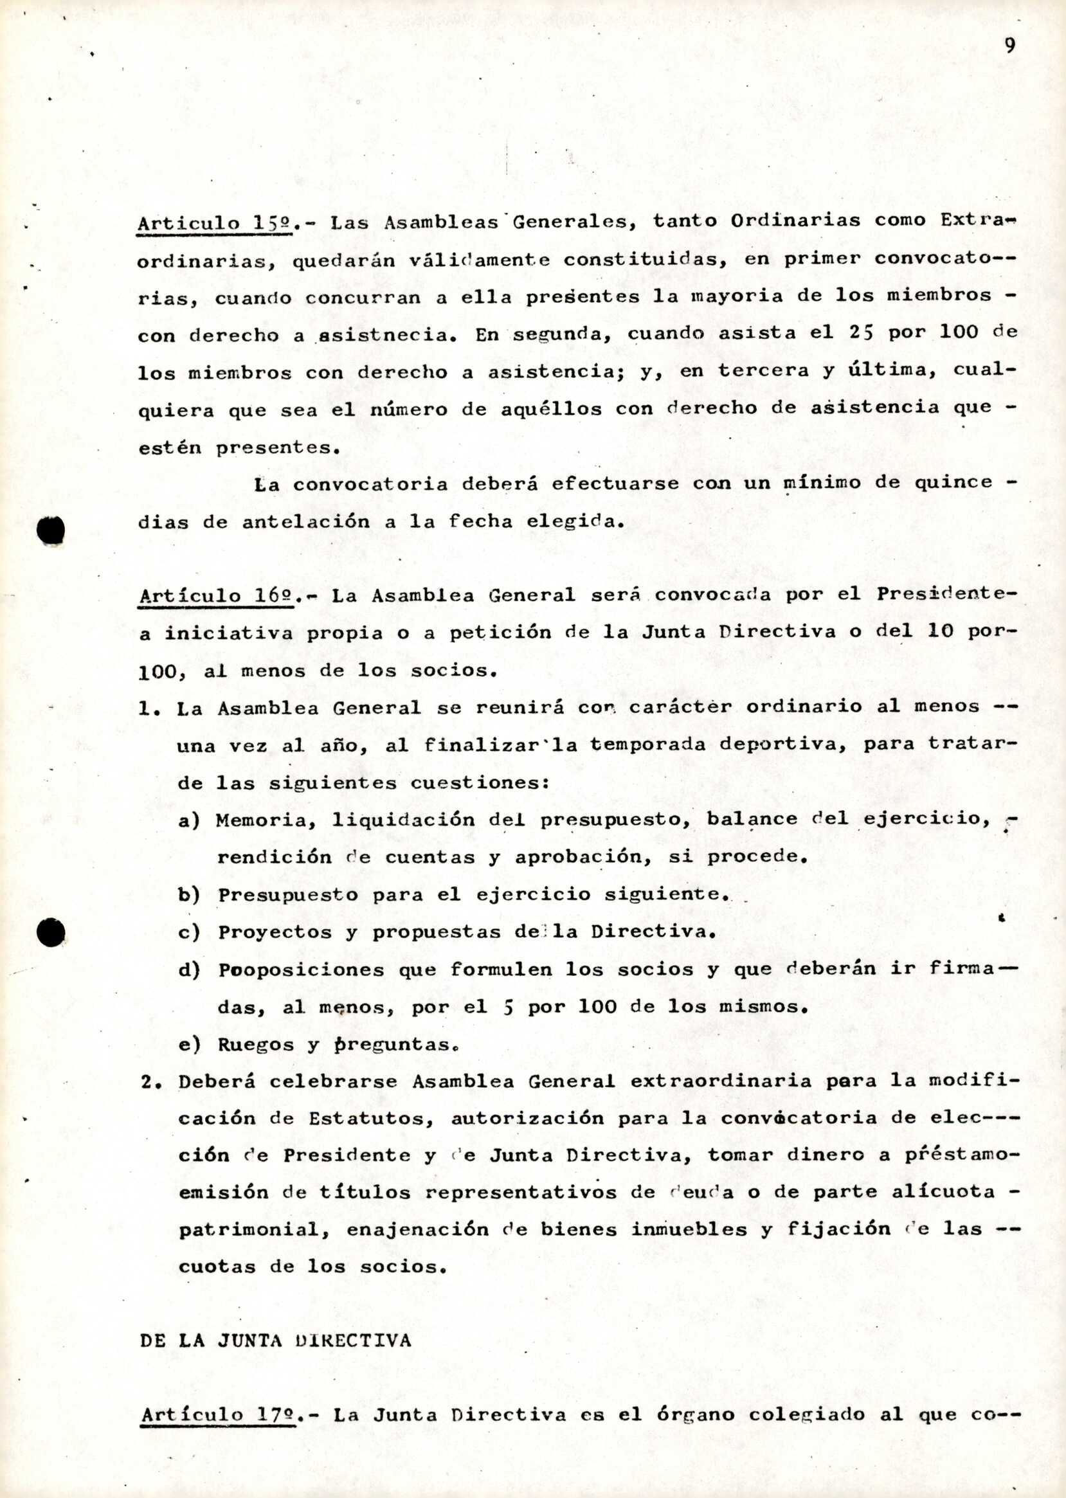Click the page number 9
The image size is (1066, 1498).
tap(1009, 45)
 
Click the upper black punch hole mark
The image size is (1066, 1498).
tap(52, 530)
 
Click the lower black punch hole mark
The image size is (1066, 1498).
tap(52, 931)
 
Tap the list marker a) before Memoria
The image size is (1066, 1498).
tap(189, 820)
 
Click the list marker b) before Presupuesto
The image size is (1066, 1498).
tap(189, 896)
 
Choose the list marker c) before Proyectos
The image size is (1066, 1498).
tap(189, 933)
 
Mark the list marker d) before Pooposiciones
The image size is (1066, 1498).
tap(189, 970)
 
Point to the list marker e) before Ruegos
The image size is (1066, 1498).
tap(189, 1044)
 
